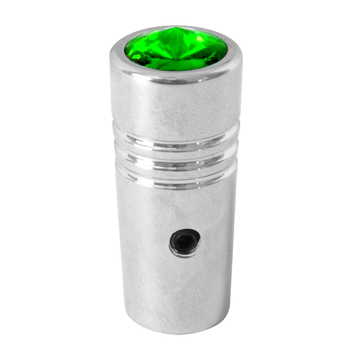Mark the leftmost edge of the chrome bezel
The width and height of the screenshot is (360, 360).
click(111, 58)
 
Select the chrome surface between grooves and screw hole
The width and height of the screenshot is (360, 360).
click(176, 209)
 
